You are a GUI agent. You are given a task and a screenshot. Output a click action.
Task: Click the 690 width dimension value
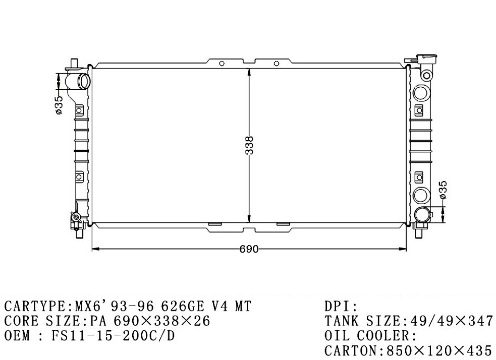(249, 250)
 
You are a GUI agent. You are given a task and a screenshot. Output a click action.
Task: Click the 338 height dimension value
(250, 145)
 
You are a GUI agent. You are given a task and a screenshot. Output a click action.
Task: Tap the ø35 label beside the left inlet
(59, 105)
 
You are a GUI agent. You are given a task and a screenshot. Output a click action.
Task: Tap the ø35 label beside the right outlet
(443, 190)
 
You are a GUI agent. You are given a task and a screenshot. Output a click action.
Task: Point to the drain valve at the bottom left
(76, 218)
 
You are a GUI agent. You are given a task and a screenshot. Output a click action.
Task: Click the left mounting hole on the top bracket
(222, 64)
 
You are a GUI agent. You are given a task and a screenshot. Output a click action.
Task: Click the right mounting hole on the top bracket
(277, 64)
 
